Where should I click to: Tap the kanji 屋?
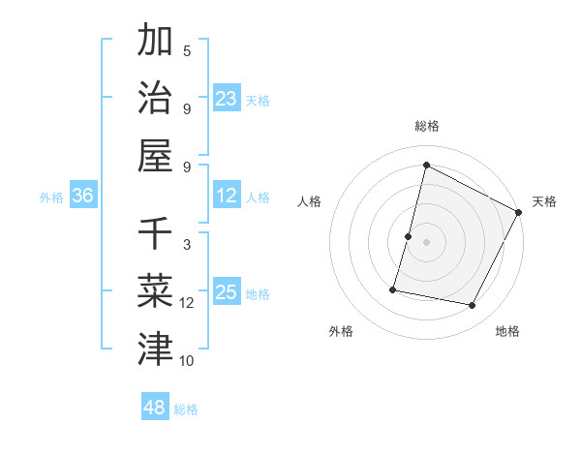(x=155, y=155)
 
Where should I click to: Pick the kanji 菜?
(x=155, y=289)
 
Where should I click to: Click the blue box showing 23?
(x=227, y=99)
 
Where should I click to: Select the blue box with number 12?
(x=227, y=196)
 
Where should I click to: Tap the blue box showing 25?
(x=227, y=292)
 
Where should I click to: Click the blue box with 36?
(x=83, y=196)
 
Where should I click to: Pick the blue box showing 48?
(x=155, y=408)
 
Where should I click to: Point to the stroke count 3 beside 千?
(x=187, y=245)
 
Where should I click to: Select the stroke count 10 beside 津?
(x=187, y=361)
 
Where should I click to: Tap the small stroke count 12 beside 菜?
(x=187, y=303)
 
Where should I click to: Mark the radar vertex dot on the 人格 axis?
(x=409, y=236)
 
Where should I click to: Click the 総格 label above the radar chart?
(x=426, y=126)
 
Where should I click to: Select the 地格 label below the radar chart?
(x=507, y=331)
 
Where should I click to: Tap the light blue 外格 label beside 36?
(x=51, y=197)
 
